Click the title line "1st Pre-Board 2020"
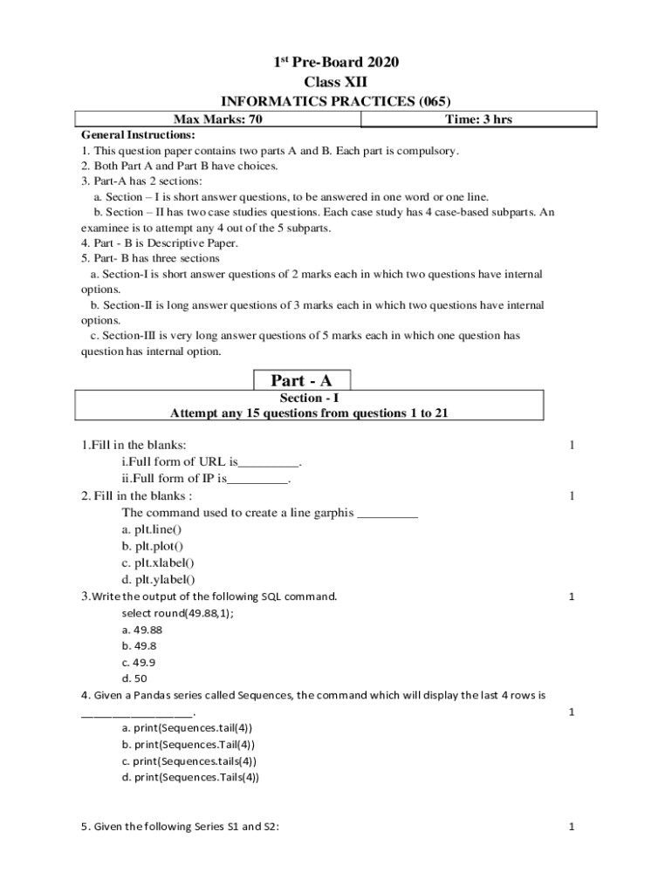[336, 62]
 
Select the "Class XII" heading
[336, 82]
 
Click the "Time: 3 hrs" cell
[478, 119]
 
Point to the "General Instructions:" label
[138, 135]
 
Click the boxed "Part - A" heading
[302, 380]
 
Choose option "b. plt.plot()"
[153, 546]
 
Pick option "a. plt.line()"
[152, 529]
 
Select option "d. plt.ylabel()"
[158, 579]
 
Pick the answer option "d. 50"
[134, 678]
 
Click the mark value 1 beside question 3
[572, 596]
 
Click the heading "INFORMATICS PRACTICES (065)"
[336, 101]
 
